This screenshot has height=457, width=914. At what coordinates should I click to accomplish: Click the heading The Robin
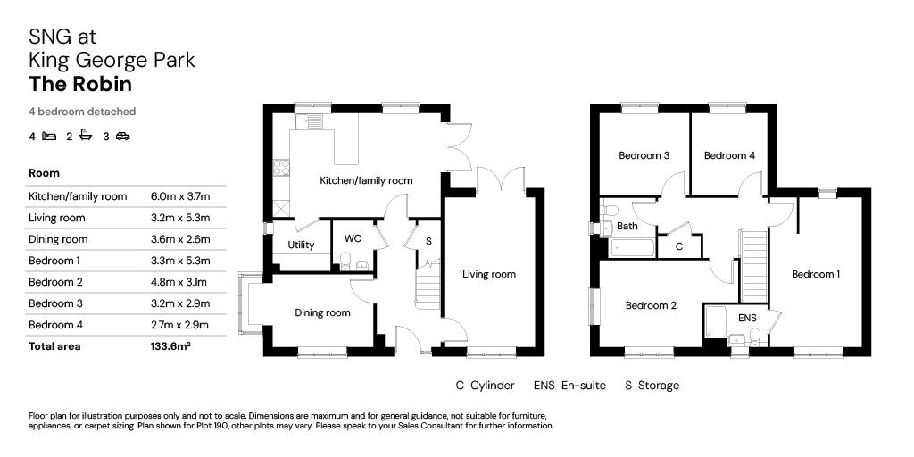tap(80, 85)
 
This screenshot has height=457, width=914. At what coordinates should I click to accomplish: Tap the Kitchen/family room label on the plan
tap(366, 180)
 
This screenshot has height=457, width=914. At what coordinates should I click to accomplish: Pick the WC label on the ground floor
tap(353, 239)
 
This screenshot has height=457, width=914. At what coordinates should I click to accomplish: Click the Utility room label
tap(301, 245)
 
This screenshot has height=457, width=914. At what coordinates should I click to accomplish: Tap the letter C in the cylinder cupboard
tap(679, 246)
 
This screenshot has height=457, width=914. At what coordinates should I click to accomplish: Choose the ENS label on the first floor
tap(747, 318)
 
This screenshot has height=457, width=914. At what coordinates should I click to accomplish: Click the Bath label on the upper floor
tap(627, 226)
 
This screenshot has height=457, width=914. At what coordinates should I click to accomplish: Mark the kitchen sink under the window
tap(309, 121)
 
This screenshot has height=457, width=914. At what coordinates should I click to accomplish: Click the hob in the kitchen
tap(281, 168)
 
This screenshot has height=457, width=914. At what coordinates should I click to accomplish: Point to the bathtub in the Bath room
tap(633, 247)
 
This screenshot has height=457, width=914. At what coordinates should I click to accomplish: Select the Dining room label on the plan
tap(322, 313)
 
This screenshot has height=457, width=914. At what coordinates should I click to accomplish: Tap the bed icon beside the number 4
tap(49, 137)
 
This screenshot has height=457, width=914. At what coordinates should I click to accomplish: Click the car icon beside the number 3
tap(122, 137)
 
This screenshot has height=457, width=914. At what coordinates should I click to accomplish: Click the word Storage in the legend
tap(659, 386)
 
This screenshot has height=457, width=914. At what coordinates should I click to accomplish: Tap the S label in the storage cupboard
tap(429, 241)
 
